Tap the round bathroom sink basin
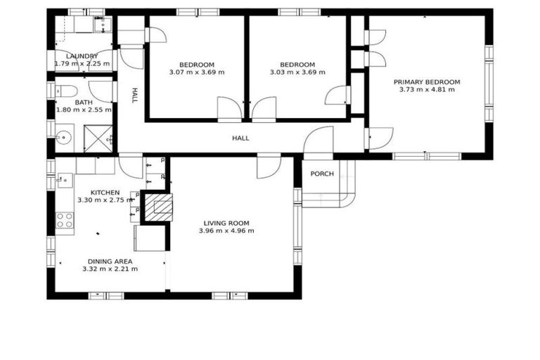64,137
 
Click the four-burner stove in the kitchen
65,219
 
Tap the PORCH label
322,174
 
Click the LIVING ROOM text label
226,223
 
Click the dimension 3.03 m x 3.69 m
297,72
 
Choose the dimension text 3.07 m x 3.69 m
197,72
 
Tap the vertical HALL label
132,96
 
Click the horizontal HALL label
240,139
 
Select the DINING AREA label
110,261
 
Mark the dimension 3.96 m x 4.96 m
226,231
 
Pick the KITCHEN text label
105,192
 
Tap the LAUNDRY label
82,56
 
